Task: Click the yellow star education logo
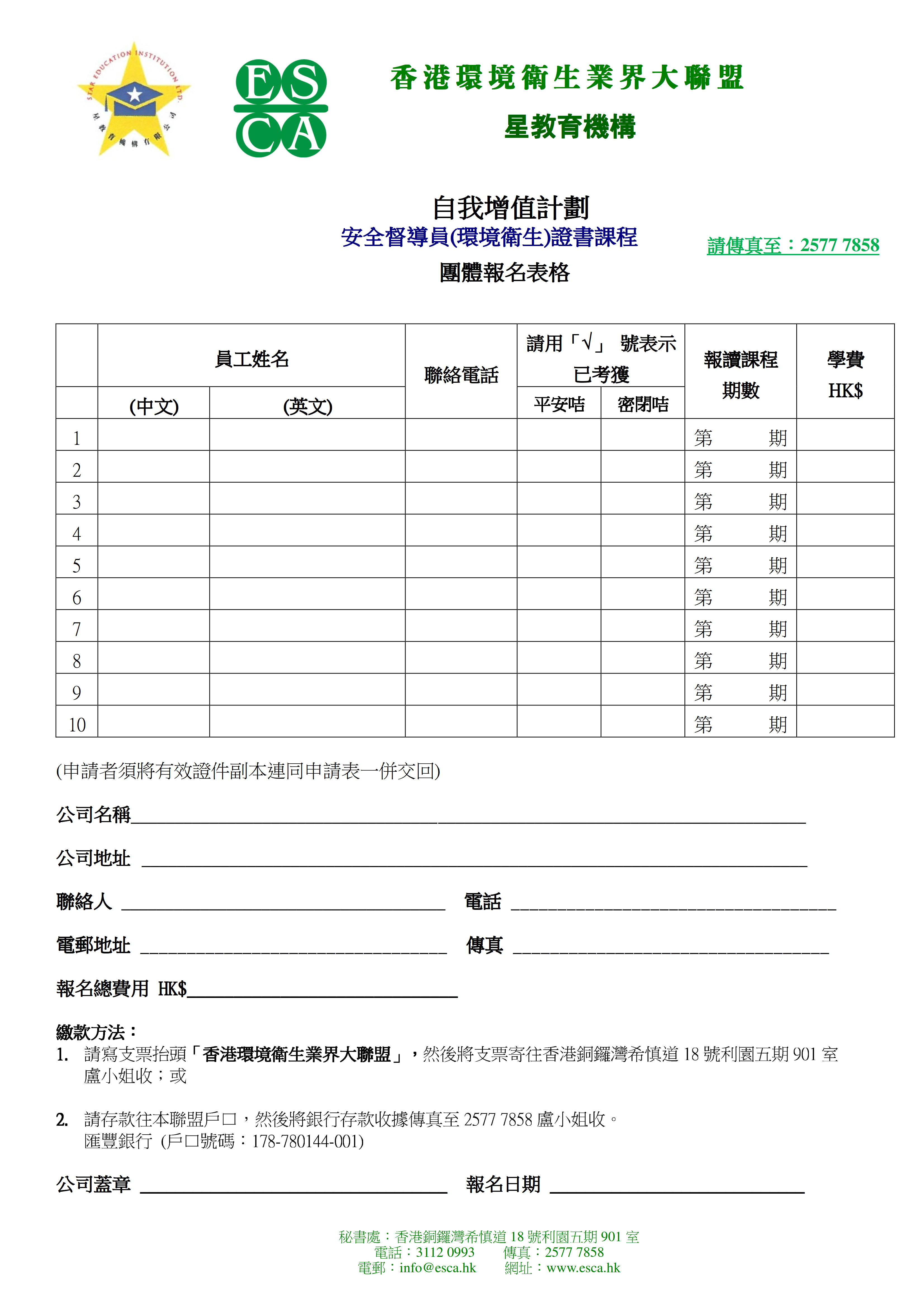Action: pos(134,100)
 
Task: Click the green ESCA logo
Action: pos(281,108)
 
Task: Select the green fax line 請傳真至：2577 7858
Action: pos(792,245)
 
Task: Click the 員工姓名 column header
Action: pos(252,359)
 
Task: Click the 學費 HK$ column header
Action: pos(845,374)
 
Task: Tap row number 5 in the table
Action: pos(77,566)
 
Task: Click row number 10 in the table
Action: pos(77,725)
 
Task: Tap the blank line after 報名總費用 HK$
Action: pos(322,990)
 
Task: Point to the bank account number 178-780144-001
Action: pos(307,1141)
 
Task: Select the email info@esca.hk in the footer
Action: pos(437,1267)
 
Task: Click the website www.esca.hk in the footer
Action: pos(583,1267)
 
